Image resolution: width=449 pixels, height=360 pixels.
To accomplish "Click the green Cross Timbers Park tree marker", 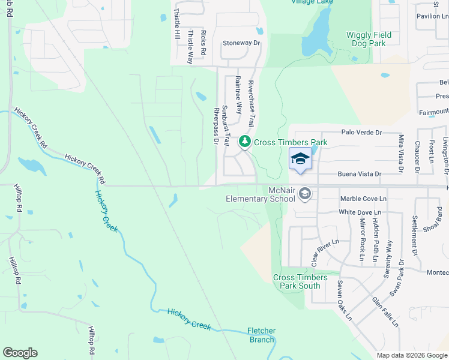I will tap(245, 142).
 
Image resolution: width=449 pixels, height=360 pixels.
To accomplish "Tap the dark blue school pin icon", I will tap(300, 159).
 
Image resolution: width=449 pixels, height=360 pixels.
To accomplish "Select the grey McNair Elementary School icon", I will tap(305, 193).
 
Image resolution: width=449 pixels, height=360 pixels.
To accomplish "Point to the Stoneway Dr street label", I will tap(241, 43).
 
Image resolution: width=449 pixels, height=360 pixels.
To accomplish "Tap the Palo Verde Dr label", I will tap(361, 132).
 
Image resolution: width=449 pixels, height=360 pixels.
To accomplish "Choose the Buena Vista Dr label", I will tap(361, 174).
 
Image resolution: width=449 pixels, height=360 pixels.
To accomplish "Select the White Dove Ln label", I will tap(360, 212).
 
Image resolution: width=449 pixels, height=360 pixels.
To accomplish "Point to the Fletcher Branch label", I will tap(262, 335).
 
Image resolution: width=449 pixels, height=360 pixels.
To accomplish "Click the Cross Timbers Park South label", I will tap(300, 281).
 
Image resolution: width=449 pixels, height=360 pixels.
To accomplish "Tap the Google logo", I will tap(20, 353).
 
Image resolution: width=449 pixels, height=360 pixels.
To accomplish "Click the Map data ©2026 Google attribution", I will tap(411, 355).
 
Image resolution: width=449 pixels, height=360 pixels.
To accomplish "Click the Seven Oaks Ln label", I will tap(344, 300).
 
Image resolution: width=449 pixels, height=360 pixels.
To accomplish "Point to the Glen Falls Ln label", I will tap(385, 311).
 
